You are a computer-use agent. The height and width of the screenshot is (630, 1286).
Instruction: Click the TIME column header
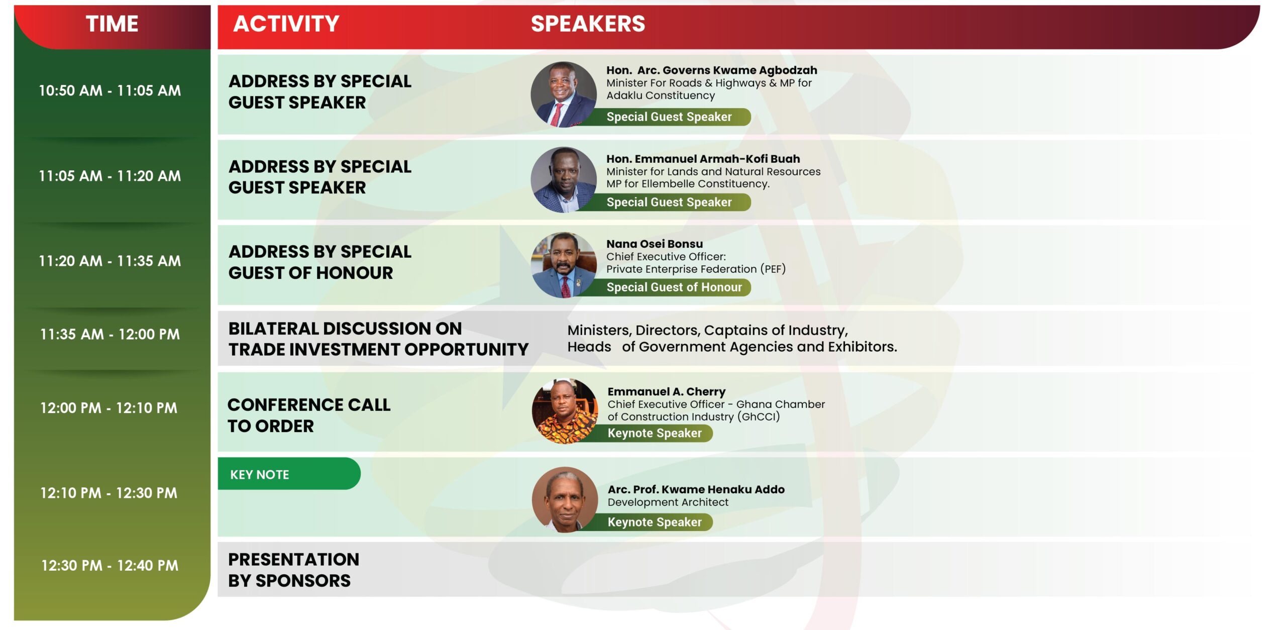[112, 24]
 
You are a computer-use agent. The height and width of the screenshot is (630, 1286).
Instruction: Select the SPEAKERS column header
[588, 24]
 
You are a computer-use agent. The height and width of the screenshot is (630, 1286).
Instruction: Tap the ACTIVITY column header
[286, 24]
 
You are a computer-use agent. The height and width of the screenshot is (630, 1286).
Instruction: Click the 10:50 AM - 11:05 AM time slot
[110, 90]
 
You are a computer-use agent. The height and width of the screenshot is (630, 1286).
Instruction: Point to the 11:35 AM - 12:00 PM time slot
[110, 334]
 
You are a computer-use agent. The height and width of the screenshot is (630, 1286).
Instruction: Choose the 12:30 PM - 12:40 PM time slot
[110, 566]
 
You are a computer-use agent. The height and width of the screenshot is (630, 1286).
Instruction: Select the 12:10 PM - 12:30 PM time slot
[109, 493]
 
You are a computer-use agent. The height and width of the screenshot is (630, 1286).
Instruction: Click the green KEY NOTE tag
[289, 474]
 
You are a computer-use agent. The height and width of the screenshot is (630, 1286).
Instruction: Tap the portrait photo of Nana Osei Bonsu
[564, 265]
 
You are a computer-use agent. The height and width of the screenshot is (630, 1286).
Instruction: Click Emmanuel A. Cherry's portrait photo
[565, 411]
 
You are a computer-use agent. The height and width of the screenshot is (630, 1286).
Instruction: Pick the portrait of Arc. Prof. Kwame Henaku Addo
[565, 499]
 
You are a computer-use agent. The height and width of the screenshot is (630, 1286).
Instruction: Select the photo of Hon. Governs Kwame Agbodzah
[564, 94]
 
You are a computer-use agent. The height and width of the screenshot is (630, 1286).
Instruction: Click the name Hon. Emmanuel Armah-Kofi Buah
[703, 159]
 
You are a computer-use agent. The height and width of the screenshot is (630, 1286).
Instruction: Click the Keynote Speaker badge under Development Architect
[654, 522]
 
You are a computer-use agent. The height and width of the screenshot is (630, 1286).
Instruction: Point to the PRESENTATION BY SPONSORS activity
[293, 570]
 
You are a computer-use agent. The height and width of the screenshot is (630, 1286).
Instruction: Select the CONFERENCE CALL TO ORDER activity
[308, 415]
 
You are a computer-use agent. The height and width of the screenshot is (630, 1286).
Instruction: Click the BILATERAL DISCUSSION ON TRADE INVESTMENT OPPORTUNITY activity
[378, 339]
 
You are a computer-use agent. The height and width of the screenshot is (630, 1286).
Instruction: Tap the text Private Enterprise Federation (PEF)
[696, 269]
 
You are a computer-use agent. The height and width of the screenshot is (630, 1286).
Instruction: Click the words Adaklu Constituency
[660, 95]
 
